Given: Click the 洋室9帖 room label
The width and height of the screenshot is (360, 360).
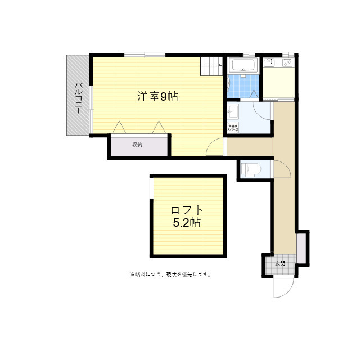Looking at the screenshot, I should tap(157, 97).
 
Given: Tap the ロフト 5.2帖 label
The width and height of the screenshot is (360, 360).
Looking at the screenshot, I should tap(187, 216).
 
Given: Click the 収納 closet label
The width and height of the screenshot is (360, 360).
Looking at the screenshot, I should tap(137, 145).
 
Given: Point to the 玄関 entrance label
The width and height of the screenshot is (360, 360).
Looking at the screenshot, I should tap(280, 263).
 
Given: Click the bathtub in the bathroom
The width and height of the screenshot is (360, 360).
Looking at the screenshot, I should tap(244, 65).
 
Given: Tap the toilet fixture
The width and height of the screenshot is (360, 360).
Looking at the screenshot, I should tap(248, 168).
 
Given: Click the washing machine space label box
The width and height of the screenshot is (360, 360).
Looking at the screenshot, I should tap(233, 128).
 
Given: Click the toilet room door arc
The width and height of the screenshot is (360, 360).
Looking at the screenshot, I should tap(282, 168).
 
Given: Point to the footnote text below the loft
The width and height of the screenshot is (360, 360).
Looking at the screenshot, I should tap(170, 274).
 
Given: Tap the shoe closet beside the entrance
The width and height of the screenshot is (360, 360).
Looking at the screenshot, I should tap(301, 247).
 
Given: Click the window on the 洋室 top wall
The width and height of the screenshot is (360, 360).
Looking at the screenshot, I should tap(145, 55).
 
